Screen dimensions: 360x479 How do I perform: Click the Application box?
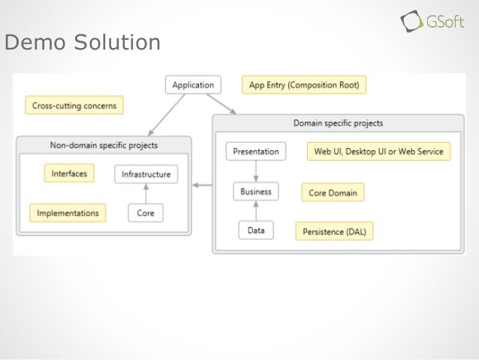(x=193, y=86)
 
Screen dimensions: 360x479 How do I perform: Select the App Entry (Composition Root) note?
(x=303, y=86)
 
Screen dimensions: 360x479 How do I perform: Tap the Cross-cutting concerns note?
(x=74, y=106)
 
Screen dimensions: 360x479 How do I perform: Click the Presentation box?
(x=256, y=151)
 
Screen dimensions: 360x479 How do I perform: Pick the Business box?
(x=255, y=192)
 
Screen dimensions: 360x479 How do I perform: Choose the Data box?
(x=255, y=231)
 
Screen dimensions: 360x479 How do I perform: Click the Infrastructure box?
(x=146, y=174)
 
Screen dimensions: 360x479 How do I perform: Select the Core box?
(x=146, y=213)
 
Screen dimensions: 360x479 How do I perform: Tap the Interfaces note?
(x=69, y=174)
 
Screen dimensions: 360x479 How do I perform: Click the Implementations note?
(x=68, y=213)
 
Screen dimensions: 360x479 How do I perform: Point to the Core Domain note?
(x=333, y=193)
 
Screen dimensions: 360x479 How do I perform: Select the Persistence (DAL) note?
(x=334, y=231)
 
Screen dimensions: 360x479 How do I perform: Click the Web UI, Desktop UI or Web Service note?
(x=378, y=151)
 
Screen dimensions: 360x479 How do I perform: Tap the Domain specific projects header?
(x=338, y=123)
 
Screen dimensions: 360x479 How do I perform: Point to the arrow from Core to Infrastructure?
(x=146, y=194)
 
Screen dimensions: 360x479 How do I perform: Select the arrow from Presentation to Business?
(x=255, y=171)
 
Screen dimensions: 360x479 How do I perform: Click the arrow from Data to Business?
(x=255, y=212)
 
